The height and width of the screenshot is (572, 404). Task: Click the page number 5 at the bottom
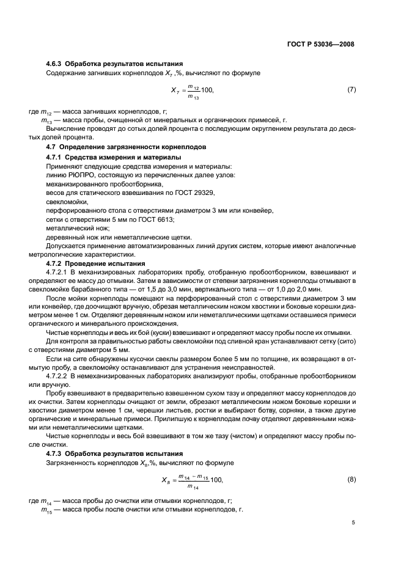[353, 522]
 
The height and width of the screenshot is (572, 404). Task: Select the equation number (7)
[351, 90]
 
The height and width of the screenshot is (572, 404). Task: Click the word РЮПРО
[72, 175]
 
